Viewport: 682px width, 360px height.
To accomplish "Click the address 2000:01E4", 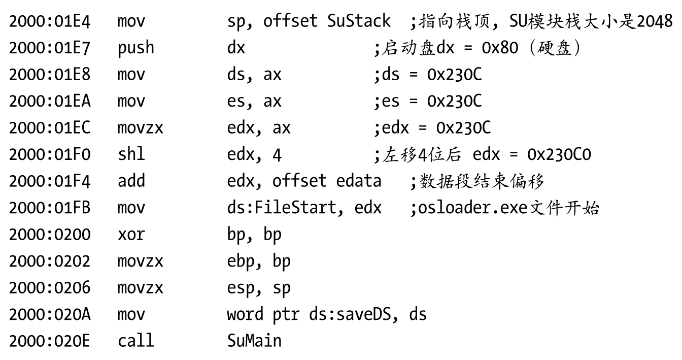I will pyautogui.click(x=49, y=21).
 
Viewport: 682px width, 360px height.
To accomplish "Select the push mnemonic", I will pyautogui.click(x=135, y=48).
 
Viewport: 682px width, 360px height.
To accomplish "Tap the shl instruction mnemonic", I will pyautogui.click(x=128, y=154).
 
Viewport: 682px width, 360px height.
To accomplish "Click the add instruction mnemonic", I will pyautogui.click(x=131, y=180).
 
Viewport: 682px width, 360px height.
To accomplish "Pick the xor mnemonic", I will pyautogui.click(x=131, y=234).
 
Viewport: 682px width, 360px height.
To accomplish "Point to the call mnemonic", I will pyautogui.click(x=135, y=340).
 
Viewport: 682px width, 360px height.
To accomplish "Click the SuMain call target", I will pyautogui.click(x=254, y=340).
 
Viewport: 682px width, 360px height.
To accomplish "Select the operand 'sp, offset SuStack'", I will pyautogui.click(x=309, y=21).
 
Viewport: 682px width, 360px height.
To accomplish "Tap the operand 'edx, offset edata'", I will pyautogui.click(x=304, y=180).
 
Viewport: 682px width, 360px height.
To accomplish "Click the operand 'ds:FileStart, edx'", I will pyautogui.click(x=304, y=207).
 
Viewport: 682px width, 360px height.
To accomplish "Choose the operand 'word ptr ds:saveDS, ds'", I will pyautogui.click(x=326, y=313).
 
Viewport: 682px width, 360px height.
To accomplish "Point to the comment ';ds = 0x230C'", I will pyautogui.click(x=428, y=74).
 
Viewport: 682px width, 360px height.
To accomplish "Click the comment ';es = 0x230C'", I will pyautogui.click(x=428, y=101).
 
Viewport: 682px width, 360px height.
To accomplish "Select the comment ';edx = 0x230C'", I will pyautogui.click(x=432, y=127).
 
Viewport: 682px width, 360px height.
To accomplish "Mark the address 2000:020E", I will pyautogui.click(x=49, y=340).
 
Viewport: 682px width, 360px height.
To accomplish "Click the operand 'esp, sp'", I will pyautogui.click(x=259, y=287).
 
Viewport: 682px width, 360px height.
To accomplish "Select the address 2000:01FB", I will pyautogui.click(x=49, y=207).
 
